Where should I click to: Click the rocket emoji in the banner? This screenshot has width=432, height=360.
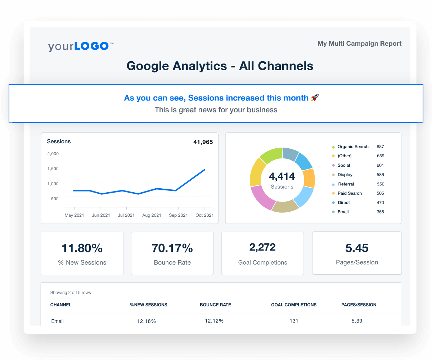coord(315,98)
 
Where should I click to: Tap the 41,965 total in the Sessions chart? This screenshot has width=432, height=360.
coord(203,142)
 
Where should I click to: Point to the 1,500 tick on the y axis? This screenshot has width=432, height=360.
coord(53,168)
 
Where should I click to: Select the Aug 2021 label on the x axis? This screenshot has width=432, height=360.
coord(152,215)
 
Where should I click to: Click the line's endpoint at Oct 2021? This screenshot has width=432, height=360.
coord(204,170)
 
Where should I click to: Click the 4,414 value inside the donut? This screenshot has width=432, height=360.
coord(282,176)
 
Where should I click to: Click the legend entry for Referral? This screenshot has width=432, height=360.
coord(346,184)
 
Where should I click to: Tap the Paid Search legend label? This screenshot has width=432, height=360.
coord(350,193)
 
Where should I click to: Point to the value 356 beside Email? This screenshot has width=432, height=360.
coord(380,212)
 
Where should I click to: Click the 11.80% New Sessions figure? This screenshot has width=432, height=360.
coord(82,248)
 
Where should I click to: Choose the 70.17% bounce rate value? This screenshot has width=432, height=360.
coord(172,248)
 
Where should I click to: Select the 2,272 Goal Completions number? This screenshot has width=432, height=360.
coord(262,247)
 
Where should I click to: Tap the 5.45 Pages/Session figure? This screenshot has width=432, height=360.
coord(356,248)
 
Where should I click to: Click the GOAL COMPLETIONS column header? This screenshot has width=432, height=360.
coord(294,305)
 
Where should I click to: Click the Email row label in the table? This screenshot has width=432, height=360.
coord(58,321)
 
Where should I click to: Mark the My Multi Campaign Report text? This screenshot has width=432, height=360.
coord(359,44)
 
